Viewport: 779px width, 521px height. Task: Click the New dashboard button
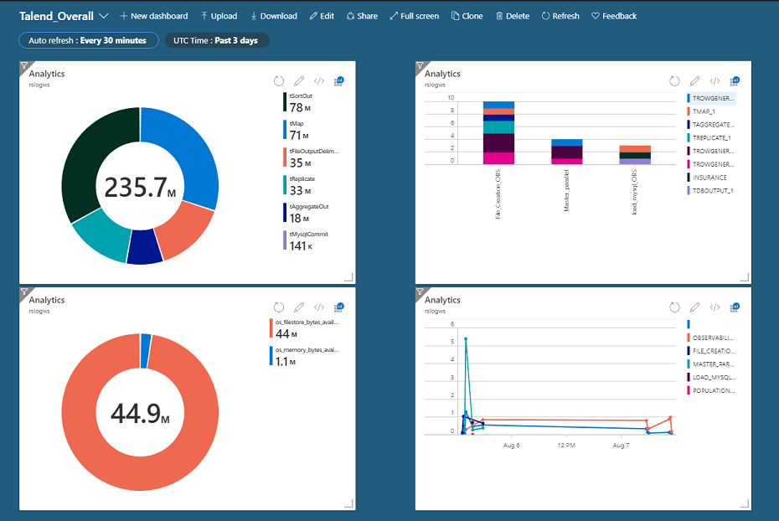[153, 16]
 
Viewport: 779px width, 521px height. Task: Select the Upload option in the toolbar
[219, 16]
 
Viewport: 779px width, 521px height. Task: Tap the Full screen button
[414, 16]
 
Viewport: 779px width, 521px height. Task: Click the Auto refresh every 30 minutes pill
[88, 40]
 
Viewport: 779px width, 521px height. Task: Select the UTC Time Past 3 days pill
[216, 40]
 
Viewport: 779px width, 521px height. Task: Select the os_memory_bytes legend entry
[305, 356]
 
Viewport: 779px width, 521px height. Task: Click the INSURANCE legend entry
[709, 178]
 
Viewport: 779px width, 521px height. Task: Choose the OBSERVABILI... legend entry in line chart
[713, 338]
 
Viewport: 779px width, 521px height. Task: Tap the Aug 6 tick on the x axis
[512, 446]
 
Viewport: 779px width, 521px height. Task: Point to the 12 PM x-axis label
[566, 446]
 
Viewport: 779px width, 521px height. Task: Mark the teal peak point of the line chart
[465, 339]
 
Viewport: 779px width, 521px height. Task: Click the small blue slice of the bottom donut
[146, 338]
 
